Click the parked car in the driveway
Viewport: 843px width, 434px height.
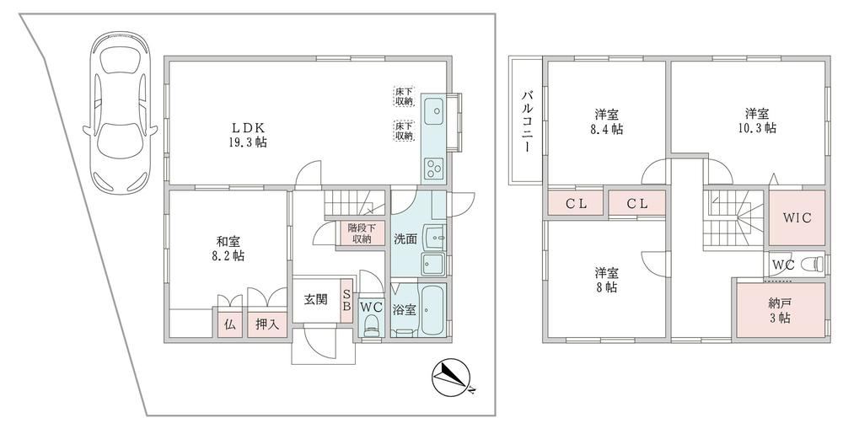tap(120, 113)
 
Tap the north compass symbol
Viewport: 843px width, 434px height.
tap(452, 377)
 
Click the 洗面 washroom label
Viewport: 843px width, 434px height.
tap(405, 239)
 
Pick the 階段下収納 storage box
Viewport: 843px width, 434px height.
tap(360, 233)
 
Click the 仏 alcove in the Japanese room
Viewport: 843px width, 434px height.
tap(230, 324)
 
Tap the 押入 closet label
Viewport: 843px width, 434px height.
tap(266, 324)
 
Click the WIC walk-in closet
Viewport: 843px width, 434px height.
tap(797, 218)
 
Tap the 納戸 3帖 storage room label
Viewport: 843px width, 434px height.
tap(780, 310)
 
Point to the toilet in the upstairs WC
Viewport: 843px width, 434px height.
tap(813, 265)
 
